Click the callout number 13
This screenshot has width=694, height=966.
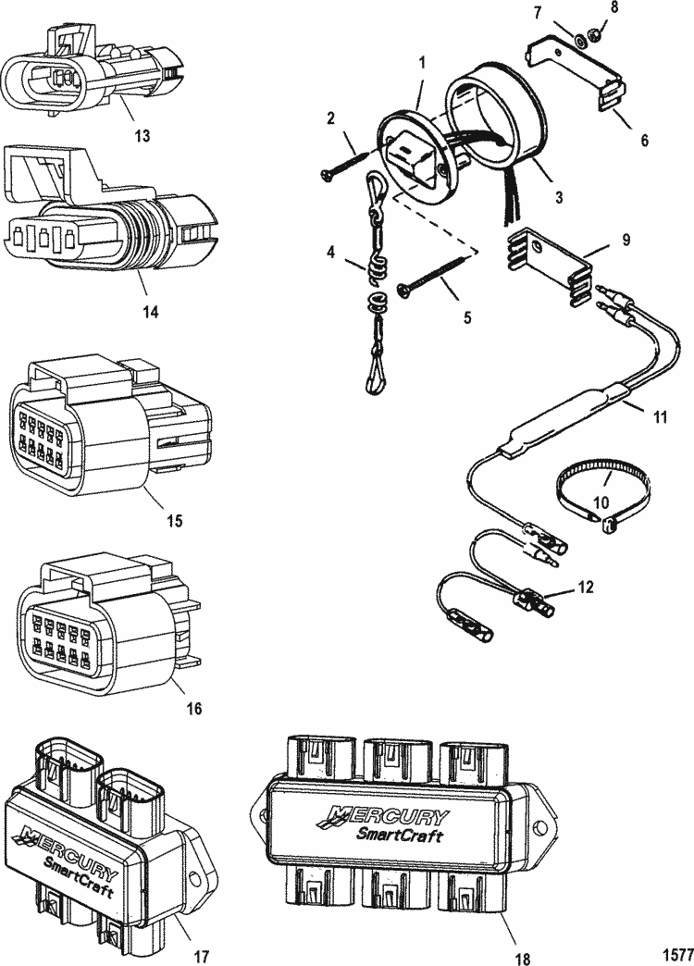142,135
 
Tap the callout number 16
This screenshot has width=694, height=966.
193,709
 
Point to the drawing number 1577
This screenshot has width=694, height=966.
677,954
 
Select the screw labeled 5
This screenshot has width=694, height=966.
438,274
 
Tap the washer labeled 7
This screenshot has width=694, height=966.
579,42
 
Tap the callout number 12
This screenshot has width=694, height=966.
585,588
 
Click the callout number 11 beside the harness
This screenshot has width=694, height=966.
660,417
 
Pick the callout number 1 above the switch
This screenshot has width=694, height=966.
422,63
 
